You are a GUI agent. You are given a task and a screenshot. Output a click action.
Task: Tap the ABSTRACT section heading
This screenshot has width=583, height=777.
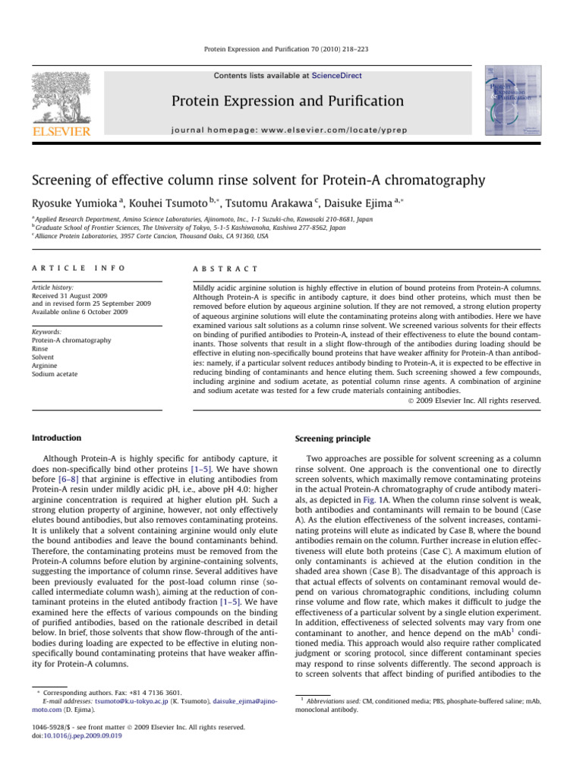(x=225, y=269)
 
